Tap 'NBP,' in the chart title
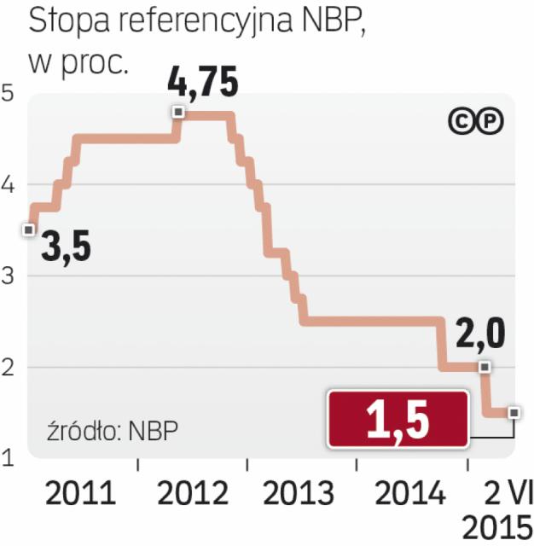pyautogui.click(x=337, y=22)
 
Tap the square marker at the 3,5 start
pyautogui.click(x=28, y=229)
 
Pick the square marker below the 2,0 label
pyautogui.click(x=485, y=367)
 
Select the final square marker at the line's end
pyautogui.click(x=514, y=413)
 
